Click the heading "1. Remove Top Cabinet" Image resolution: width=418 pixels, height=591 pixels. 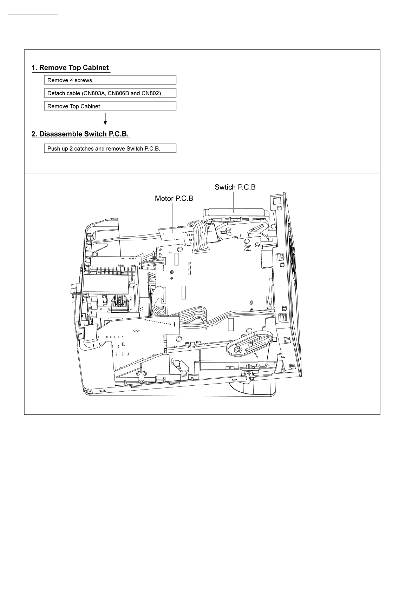[70, 68]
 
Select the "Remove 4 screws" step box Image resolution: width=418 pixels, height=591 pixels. [110, 80]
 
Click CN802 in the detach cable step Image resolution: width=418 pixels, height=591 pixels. [150, 93]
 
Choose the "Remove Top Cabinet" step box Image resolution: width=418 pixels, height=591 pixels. [110, 106]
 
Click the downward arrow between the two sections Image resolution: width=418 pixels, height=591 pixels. [105, 119]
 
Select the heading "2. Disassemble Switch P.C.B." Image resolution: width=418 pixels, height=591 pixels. [80, 134]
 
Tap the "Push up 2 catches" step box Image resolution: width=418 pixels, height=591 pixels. [110, 148]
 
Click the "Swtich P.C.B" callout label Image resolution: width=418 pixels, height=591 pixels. [235, 187]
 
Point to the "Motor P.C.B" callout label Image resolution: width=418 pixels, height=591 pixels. [174, 199]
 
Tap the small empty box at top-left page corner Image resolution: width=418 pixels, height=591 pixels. [33, 11]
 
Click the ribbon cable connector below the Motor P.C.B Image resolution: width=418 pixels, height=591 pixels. [200, 250]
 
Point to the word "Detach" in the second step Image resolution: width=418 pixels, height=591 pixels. [56, 93]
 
